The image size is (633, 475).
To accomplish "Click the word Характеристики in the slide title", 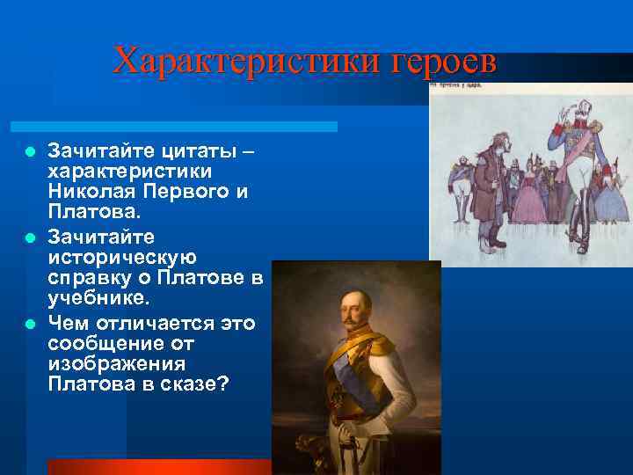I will [x=234, y=62].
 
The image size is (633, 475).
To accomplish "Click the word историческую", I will [x=122, y=257].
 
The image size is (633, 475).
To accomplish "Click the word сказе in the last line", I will [x=193, y=385].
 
